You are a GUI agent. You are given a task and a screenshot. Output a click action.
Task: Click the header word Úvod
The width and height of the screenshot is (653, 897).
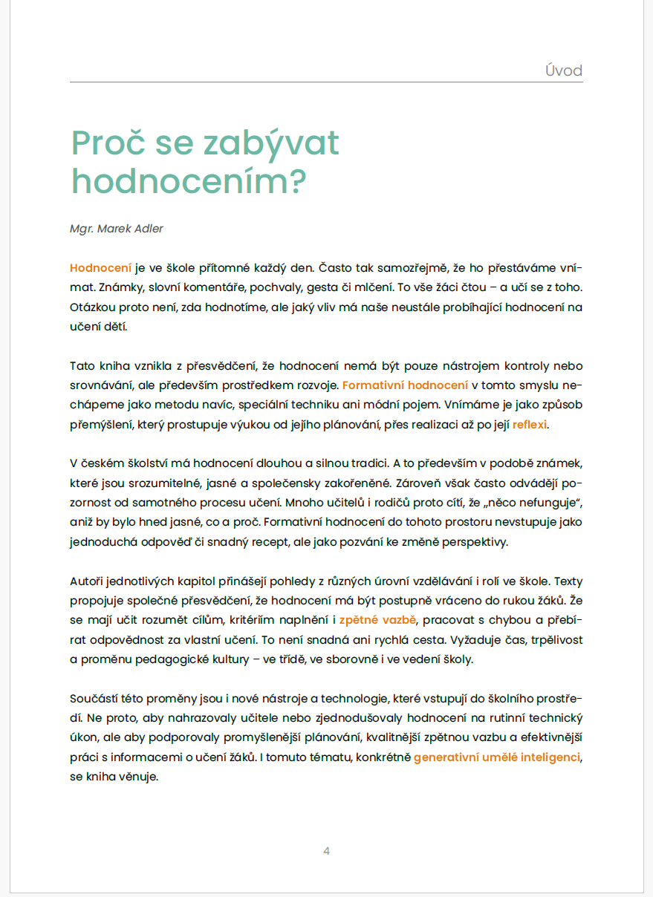[x=562, y=71]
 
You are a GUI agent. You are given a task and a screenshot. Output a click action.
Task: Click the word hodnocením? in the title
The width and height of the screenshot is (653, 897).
[x=189, y=181]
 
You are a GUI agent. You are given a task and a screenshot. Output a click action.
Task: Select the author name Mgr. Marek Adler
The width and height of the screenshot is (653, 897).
[x=116, y=228]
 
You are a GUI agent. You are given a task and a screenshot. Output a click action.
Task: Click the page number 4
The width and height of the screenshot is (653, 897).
[x=326, y=850]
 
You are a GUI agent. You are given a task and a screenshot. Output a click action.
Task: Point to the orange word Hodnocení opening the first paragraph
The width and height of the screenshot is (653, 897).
[x=100, y=267]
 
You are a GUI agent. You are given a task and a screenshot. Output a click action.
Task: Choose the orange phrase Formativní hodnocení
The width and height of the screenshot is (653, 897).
[x=405, y=385]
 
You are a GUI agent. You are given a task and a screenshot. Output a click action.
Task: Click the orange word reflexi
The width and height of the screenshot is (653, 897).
[x=529, y=425]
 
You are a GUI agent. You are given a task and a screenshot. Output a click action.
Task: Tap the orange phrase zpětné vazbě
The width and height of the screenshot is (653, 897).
[x=379, y=619]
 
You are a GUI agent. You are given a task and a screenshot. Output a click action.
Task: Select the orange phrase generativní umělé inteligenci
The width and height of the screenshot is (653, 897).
[x=496, y=757]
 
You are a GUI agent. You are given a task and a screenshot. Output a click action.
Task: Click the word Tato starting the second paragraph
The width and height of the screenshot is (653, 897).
[x=82, y=365]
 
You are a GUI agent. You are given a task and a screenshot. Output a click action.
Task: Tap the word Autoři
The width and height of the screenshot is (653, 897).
[x=88, y=581]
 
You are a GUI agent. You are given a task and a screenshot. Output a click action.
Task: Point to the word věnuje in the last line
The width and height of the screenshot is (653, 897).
[x=140, y=777]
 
